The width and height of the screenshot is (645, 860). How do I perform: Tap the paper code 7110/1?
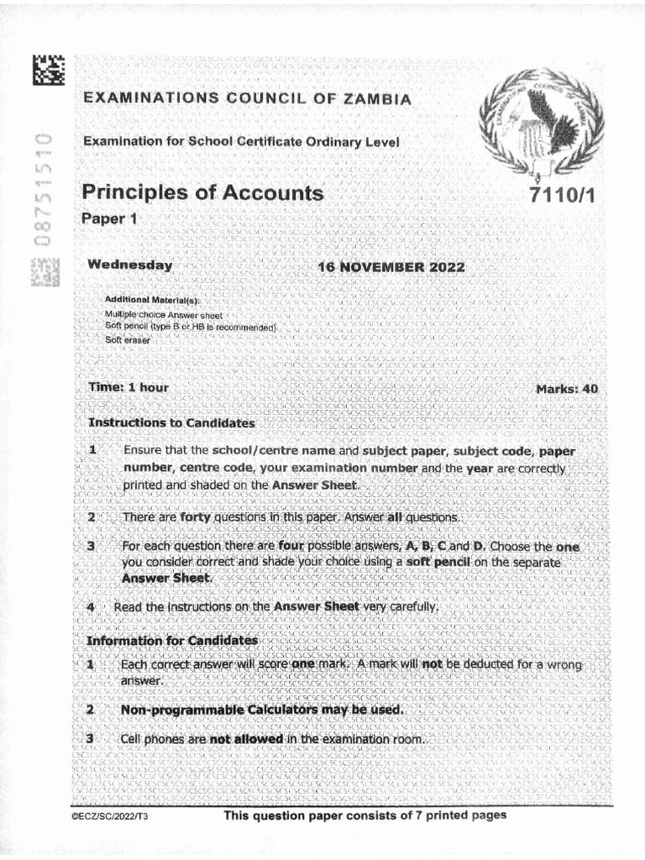click(562, 196)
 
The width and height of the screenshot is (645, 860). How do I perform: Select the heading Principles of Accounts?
click(202, 193)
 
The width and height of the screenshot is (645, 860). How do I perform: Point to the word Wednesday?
click(130, 265)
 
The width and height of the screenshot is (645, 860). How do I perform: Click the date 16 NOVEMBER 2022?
click(391, 267)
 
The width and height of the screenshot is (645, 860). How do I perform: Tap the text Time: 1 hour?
click(128, 388)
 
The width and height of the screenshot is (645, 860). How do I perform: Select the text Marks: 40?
click(567, 389)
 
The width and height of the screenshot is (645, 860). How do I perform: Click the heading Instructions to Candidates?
click(171, 422)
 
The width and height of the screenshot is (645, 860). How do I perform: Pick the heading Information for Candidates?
click(172, 641)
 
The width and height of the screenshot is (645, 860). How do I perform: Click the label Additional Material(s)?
click(152, 300)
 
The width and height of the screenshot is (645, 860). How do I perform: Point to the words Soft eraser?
click(126, 339)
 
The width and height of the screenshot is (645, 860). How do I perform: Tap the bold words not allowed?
click(245, 739)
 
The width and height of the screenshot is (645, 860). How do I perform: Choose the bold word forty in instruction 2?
click(200, 518)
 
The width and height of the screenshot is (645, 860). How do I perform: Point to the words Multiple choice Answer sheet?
click(151, 313)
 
